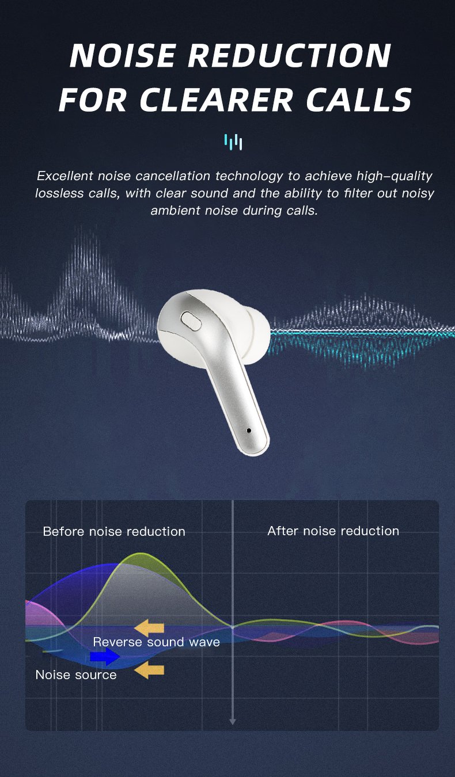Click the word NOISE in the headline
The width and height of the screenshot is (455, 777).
tap(122, 55)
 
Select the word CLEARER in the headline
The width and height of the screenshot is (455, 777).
tap(216, 100)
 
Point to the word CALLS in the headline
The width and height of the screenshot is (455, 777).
tap(359, 100)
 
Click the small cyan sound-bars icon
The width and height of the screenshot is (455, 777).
tap(233, 142)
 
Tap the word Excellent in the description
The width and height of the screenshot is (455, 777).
tap(65, 176)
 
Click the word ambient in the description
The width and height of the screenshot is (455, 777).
tap(175, 211)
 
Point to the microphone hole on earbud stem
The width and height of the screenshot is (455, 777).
tap(249, 431)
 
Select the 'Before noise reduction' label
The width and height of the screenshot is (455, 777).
tap(114, 531)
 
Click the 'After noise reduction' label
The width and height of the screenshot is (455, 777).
tap(333, 531)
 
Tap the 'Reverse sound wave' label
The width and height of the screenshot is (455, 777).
tap(157, 642)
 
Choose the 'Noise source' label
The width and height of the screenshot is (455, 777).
tap(76, 675)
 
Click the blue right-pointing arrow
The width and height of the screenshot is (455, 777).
tap(105, 656)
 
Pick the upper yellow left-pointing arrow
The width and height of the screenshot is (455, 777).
tap(149, 628)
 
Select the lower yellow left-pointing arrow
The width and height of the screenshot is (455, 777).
tap(149, 670)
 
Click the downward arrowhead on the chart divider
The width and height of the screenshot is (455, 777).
tap(233, 722)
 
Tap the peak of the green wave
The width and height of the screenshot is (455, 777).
tap(139, 553)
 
